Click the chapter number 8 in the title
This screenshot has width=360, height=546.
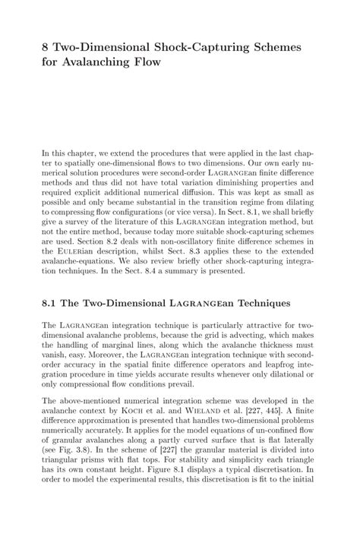click(46, 47)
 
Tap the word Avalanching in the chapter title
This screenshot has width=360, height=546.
click(96, 62)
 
